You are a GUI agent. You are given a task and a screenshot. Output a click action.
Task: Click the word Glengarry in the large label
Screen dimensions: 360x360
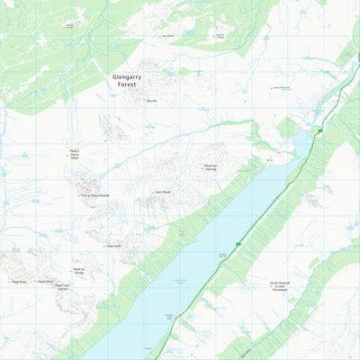tap(128, 77)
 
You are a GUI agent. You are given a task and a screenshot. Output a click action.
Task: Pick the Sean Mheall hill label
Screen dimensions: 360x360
tap(162, 192)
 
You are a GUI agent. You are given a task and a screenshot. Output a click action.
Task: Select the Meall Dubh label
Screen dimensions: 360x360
tap(112, 246)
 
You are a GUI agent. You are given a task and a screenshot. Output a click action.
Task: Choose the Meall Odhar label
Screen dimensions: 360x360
tap(49, 281)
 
